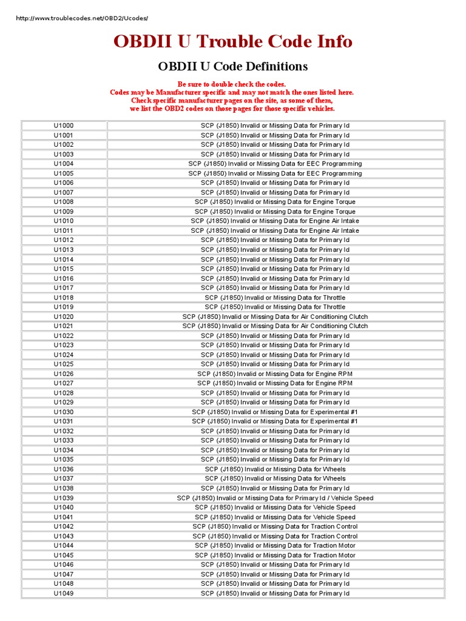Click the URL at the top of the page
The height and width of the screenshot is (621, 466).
tap(81, 18)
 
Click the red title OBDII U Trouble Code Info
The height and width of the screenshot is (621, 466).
tap(232, 41)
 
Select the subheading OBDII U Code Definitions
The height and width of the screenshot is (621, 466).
tap(232, 66)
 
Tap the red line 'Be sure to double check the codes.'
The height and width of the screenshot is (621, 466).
tap(231, 84)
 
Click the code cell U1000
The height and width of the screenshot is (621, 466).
tap(64, 126)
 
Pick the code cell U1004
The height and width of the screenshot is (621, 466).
tap(64, 164)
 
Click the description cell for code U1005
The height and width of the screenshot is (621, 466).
tap(275, 173)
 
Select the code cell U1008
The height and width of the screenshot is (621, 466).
tap(64, 202)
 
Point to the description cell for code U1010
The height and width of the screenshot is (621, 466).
tap(275, 221)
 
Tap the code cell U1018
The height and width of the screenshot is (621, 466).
tap(64, 298)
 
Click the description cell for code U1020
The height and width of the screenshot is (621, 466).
tap(275, 317)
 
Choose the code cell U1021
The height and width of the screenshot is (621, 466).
tap(64, 326)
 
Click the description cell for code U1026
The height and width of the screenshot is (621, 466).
tap(275, 374)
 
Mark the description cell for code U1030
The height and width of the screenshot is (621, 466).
tap(275, 412)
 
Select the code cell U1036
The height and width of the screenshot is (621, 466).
tap(64, 469)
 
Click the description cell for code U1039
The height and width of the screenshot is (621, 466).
tap(275, 498)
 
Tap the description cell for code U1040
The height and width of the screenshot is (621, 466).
tap(275, 508)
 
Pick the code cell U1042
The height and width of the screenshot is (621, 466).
tap(64, 526)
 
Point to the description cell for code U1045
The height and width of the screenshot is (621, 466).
tap(275, 555)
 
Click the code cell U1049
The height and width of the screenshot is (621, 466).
tap(64, 593)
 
